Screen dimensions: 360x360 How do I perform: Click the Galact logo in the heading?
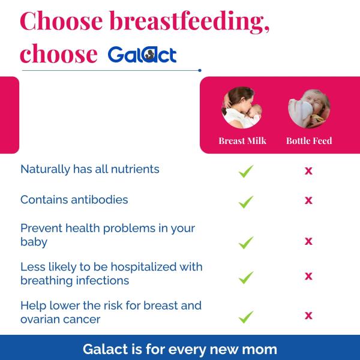pyautogui.click(x=142, y=55)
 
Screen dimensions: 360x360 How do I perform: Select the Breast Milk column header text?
pyautogui.click(x=242, y=141)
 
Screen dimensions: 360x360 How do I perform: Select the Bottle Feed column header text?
pyautogui.click(x=308, y=141)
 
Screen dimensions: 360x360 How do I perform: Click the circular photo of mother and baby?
pyautogui.click(x=242, y=109)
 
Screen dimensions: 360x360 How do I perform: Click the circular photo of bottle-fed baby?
pyautogui.click(x=308, y=109)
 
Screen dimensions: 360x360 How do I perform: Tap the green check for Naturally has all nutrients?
pyautogui.click(x=245, y=171)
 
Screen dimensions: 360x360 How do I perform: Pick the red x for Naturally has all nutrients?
pyautogui.click(x=308, y=171)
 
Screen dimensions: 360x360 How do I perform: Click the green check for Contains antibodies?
pyautogui.click(x=245, y=202)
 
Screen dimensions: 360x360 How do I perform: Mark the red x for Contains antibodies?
pyautogui.click(x=308, y=200)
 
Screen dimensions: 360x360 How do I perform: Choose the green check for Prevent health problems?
pyautogui.click(x=245, y=242)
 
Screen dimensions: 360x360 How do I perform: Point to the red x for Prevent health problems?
pyautogui.click(x=308, y=241)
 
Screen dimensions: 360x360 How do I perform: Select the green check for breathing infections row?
pyautogui.click(x=245, y=277)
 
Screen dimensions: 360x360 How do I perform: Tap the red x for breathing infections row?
pyautogui.click(x=308, y=276)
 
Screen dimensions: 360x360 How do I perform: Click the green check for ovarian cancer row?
pyautogui.click(x=245, y=316)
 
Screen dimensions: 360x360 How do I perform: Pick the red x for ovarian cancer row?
pyautogui.click(x=308, y=315)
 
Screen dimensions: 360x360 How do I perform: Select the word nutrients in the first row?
pyautogui.click(x=134, y=169)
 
